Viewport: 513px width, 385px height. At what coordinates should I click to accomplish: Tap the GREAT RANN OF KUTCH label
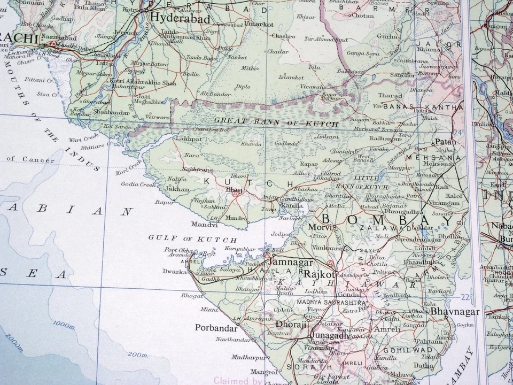coord(276,122)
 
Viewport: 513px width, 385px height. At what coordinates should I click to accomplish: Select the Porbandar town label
coord(215,327)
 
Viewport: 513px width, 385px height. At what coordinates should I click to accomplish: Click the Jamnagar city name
coord(292,263)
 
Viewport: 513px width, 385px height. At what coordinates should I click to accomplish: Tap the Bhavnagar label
coord(455,311)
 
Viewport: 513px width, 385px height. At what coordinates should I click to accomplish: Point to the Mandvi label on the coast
coord(200,225)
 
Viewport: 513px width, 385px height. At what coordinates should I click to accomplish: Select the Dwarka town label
coord(176,272)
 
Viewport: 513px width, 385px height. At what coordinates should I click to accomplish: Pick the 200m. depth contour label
coord(138,354)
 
